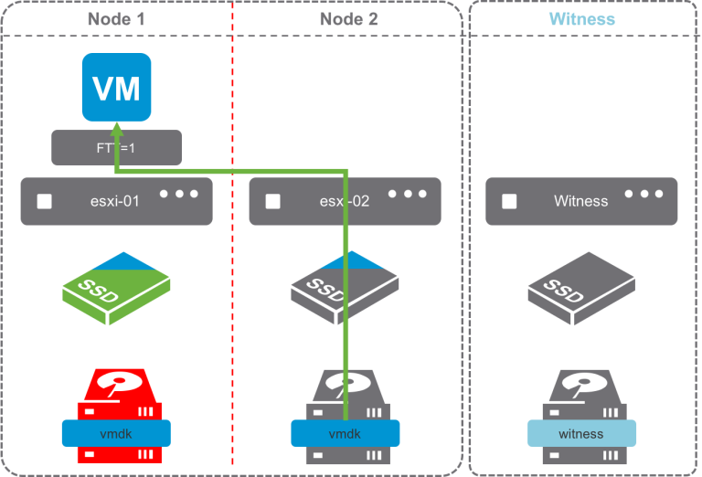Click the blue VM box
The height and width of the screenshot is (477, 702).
click(116, 88)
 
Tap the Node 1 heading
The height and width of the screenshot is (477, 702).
click(116, 18)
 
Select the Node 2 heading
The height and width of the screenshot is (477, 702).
click(348, 18)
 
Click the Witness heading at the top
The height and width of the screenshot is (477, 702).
click(581, 18)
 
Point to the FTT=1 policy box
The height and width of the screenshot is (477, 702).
click(116, 147)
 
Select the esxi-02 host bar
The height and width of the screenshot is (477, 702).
click(345, 201)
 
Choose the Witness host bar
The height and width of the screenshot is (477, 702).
click(581, 201)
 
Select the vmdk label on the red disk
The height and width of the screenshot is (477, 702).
click(116, 433)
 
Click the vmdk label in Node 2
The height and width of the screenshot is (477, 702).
click(345, 433)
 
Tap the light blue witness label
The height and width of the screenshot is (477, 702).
click(581, 433)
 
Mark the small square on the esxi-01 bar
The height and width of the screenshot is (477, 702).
click(43, 201)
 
